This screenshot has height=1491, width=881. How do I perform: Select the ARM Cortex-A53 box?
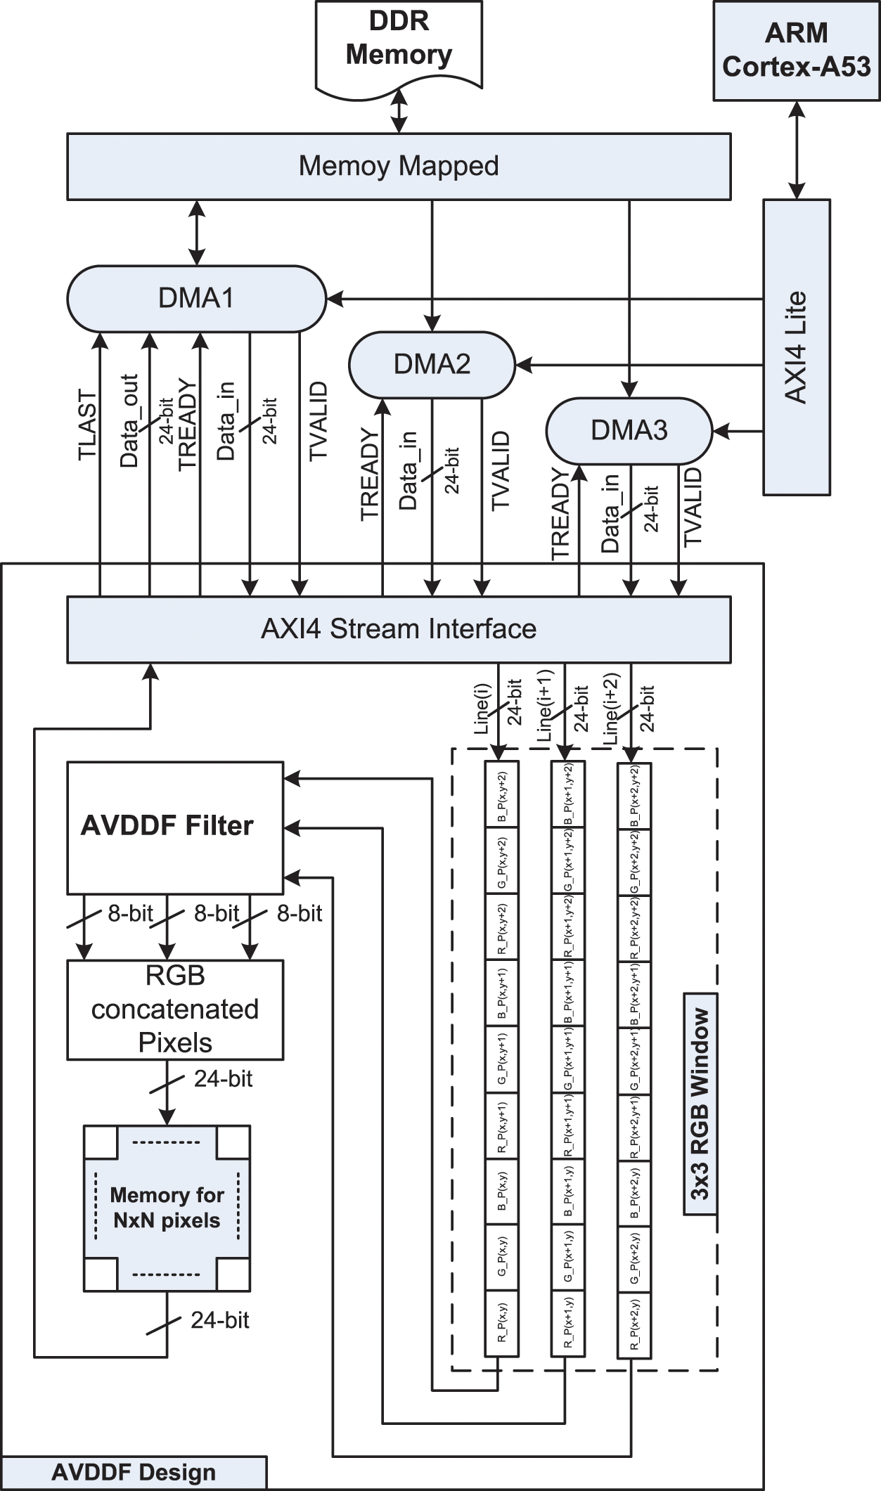(796, 51)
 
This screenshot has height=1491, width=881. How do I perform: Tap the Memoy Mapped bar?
(399, 167)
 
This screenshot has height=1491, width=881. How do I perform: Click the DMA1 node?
(196, 298)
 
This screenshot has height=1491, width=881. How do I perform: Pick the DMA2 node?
(432, 364)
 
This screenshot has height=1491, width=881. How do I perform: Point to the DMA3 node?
(629, 430)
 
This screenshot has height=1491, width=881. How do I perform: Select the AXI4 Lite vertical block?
(797, 347)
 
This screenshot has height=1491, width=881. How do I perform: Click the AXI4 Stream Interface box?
(399, 629)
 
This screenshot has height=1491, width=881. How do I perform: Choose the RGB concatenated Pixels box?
(175, 1009)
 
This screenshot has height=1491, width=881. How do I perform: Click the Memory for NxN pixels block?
(167, 1208)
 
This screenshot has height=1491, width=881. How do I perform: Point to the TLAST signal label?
(87, 425)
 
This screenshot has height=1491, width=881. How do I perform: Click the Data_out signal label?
(130, 420)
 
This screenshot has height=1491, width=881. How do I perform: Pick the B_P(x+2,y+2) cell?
(634, 796)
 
